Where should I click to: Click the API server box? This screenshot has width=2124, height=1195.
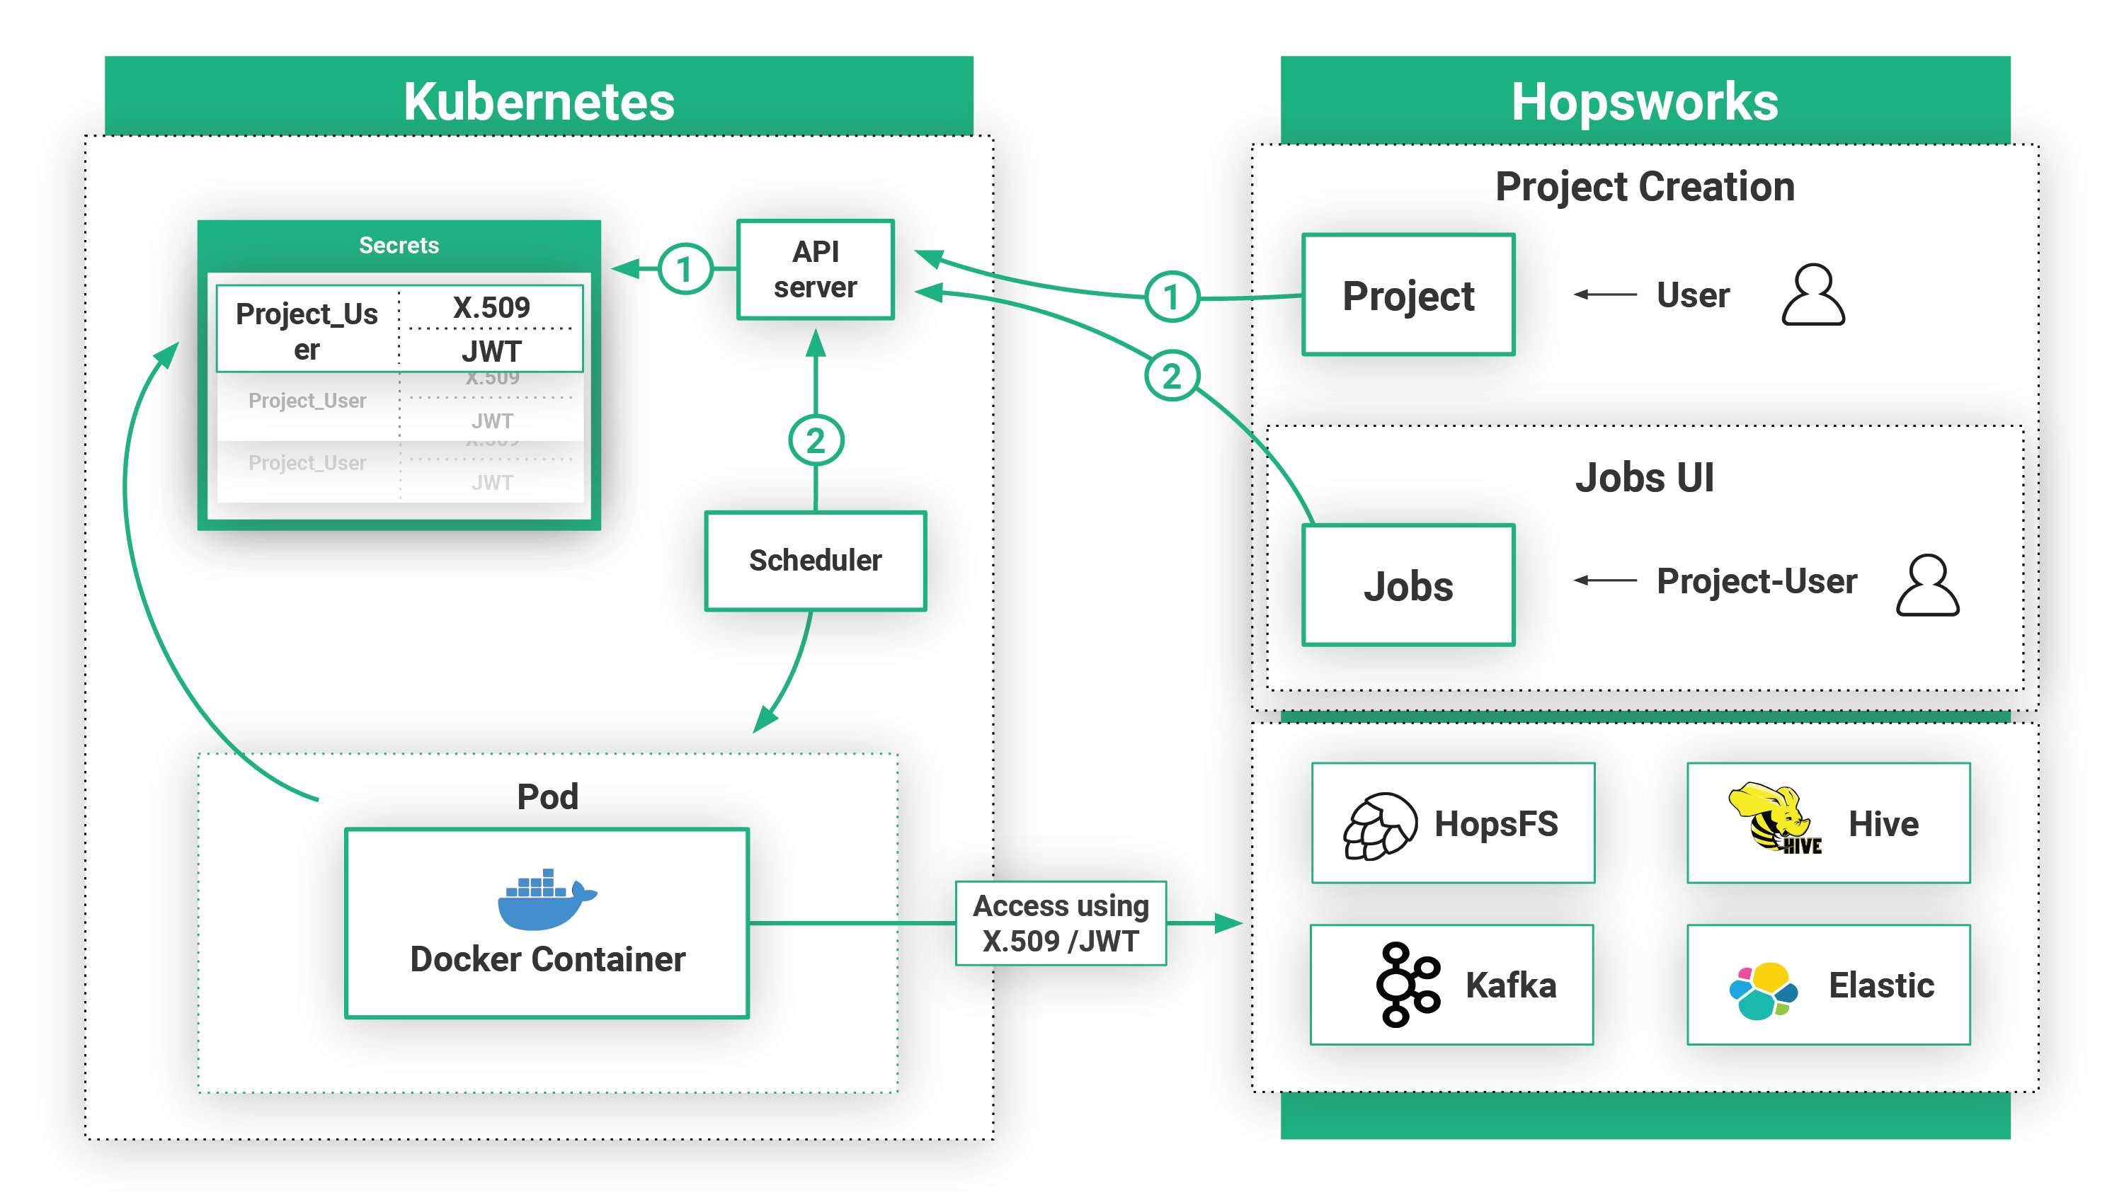click(815, 270)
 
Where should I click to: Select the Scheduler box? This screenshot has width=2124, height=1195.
click(815, 560)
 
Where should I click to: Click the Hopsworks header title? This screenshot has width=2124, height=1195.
click(1644, 101)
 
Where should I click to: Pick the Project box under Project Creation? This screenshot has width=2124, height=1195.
click(1408, 295)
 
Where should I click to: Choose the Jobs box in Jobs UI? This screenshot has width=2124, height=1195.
click(1408, 585)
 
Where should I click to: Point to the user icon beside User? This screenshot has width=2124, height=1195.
click(1812, 295)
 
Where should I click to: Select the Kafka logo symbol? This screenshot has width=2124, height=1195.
click(1407, 984)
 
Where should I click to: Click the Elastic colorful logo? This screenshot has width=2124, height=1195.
click(1763, 990)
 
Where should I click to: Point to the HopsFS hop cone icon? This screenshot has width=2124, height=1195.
click(1378, 825)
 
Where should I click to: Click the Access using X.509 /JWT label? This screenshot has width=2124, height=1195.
click(1061, 923)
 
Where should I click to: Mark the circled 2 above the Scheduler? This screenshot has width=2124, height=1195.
click(816, 440)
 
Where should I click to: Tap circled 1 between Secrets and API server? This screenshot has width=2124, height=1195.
click(685, 270)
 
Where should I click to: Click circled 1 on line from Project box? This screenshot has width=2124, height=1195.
click(1171, 297)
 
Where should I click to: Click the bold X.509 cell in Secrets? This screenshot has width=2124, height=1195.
click(491, 308)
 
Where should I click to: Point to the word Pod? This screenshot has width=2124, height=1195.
click(547, 796)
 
